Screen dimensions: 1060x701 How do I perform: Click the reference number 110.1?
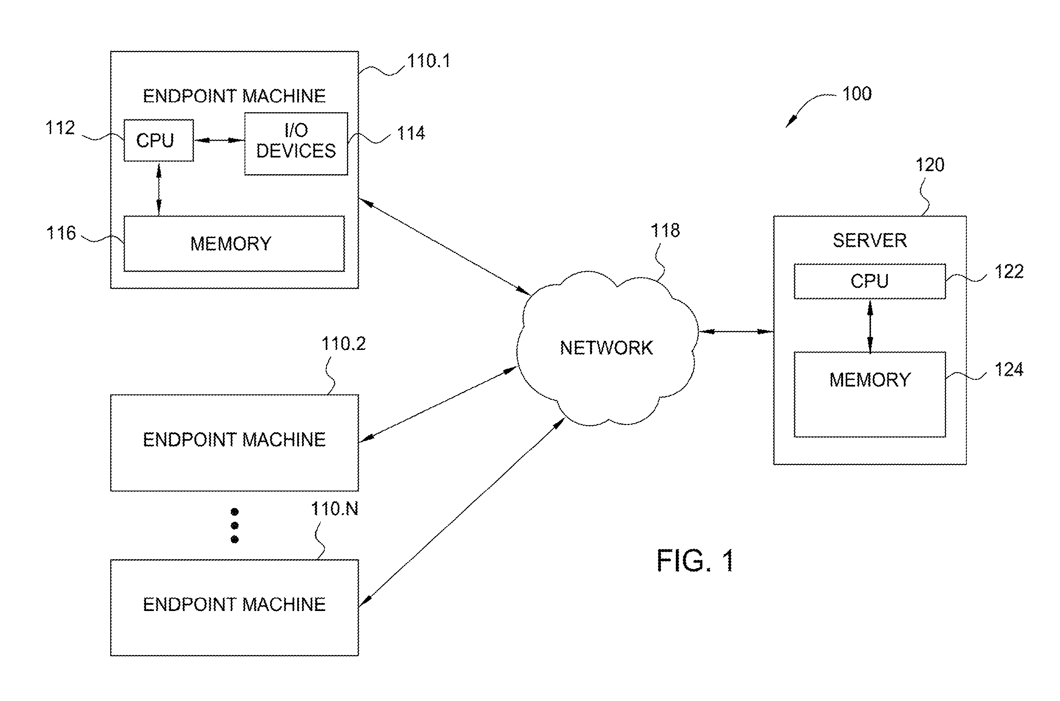(429, 61)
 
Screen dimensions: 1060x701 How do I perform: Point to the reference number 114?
(411, 134)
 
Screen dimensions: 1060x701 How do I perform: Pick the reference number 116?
(61, 233)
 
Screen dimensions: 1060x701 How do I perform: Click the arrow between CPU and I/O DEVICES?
(219, 140)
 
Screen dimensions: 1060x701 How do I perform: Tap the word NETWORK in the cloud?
(607, 348)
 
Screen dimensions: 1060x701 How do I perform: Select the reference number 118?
(665, 231)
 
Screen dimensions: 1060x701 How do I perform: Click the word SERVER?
(870, 240)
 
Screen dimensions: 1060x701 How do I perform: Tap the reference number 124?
(1009, 370)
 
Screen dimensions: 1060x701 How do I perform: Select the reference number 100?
(857, 94)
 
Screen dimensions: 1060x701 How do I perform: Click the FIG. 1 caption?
(695, 561)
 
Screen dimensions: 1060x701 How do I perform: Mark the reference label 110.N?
(335, 509)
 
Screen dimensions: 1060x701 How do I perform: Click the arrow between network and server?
(736, 332)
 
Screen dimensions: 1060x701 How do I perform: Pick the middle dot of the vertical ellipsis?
(235, 525)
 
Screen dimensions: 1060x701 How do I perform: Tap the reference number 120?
(930, 165)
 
